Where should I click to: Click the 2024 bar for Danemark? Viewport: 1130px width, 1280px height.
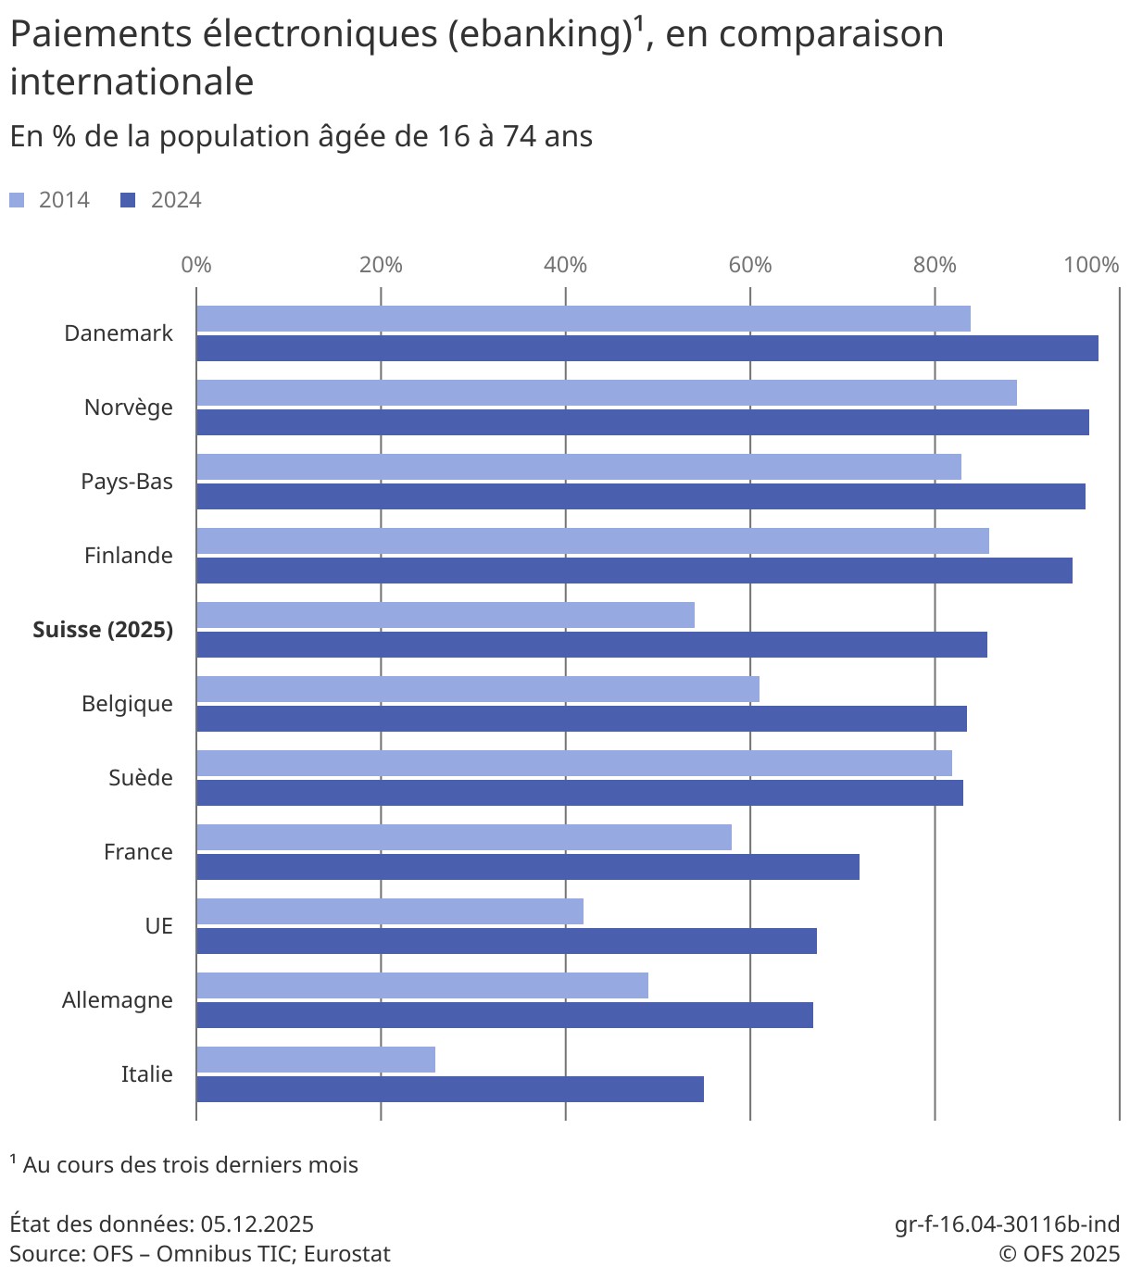pyautogui.click(x=647, y=348)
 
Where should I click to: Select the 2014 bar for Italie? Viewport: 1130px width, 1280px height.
pyautogui.click(x=315, y=1060)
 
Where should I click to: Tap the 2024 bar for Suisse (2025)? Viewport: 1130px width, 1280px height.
pyautogui.click(x=591, y=645)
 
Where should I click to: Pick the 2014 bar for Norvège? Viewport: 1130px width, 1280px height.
pyautogui.click(x=606, y=393)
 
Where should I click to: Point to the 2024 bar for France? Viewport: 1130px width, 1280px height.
pyautogui.click(x=527, y=867)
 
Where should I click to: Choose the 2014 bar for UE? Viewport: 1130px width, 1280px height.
pyautogui.click(x=389, y=911)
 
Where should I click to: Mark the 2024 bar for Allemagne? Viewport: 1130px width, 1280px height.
pyautogui.click(x=504, y=1015)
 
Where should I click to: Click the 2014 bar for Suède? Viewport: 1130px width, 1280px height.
pyautogui.click(x=573, y=763)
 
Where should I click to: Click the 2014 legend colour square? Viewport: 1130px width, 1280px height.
pyautogui.click(x=17, y=200)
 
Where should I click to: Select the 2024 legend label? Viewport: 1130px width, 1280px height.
pyautogui.click(x=176, y=200)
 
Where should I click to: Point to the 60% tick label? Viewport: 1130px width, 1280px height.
pyautogui.click(x=749, y=265)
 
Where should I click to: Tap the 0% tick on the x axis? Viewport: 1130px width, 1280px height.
pyautogui.click(x=196, y=265)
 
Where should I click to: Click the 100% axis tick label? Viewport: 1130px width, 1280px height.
pyautogui.click(x=1091, y=265)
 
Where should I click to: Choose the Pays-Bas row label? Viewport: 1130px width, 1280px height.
pyautogui.click(x=127, y=482)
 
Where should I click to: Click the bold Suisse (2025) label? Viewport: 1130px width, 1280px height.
pyautogui.click(x=103, y=630)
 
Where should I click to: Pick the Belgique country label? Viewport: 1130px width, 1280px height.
pyautogui.click(x=127, y=704)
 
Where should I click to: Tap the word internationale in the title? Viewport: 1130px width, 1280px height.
pyautogui.click(x=132, y=82)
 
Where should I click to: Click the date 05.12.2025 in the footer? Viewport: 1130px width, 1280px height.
pyautogui.click(x=257, y=1224)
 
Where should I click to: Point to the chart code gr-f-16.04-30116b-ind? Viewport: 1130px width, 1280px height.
pyautogui.click(x=1007, y=1224)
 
